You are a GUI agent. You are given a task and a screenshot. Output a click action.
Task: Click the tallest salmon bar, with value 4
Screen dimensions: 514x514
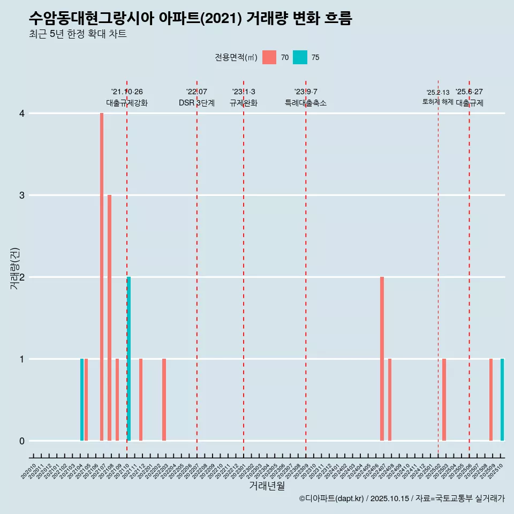[x=102, y=276]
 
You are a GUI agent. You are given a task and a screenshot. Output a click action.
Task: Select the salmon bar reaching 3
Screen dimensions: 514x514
[x=109, y=318]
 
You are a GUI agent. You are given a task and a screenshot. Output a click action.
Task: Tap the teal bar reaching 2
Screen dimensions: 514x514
[x=128, y=359]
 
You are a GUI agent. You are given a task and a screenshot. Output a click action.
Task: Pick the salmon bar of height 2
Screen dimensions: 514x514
[x=382, y=359]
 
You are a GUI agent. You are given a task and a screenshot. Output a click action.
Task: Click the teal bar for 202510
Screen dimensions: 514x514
[x=502, y=399]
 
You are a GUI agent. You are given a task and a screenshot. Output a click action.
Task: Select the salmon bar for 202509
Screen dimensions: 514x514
[x=490, y=399]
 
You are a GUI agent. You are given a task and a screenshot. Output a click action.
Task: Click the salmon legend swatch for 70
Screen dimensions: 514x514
[x=269, y=57]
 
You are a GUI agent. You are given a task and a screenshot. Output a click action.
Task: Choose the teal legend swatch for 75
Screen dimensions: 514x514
[x=300, y=57]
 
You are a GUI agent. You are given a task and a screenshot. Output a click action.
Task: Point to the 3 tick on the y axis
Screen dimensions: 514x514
[x=21, y=195]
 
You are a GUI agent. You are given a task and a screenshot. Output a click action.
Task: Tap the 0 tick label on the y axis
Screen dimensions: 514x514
[x=21, y=441]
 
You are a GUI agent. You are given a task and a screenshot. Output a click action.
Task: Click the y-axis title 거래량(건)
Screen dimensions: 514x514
[x=15, y=268]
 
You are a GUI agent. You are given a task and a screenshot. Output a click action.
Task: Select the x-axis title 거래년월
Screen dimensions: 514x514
[x=267, y=486]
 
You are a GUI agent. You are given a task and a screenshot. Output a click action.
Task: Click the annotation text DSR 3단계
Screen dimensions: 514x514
[x=196, y=103]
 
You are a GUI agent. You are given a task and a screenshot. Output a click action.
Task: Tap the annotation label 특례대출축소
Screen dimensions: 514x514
[x=305, y=103]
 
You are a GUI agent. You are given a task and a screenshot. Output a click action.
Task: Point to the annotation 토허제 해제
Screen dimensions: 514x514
[x=437, y=102]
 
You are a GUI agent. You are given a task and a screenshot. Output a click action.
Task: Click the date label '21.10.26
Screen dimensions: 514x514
[x=127, y=92]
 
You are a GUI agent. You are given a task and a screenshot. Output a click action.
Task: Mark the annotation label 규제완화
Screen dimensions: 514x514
[x=244, y=103]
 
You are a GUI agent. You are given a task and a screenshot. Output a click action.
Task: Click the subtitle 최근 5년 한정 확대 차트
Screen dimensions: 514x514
[x=78, y=34]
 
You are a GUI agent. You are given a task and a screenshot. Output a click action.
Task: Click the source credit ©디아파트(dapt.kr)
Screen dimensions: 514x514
[x=331, y=498]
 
